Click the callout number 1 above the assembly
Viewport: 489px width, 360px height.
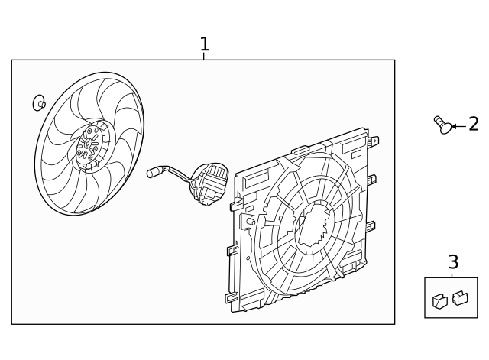204,44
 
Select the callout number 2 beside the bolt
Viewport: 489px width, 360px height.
474,125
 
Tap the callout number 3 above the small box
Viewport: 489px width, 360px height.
453,262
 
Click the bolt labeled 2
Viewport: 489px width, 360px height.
443,125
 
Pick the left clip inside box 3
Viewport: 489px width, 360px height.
440,301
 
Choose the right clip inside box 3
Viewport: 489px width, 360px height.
460,297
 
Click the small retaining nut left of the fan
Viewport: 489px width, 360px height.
39,102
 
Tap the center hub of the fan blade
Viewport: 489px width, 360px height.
89,144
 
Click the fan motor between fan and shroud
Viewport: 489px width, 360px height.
209,183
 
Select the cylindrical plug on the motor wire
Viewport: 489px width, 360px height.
153,173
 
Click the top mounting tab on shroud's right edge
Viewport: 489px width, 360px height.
373,141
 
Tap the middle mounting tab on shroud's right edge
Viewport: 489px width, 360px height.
371,180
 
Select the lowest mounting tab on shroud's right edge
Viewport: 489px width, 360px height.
371,226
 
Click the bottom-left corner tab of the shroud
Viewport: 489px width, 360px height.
231,297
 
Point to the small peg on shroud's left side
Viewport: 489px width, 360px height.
251,222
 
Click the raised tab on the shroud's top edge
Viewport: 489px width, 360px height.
300,150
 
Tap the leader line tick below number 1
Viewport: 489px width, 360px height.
204,57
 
